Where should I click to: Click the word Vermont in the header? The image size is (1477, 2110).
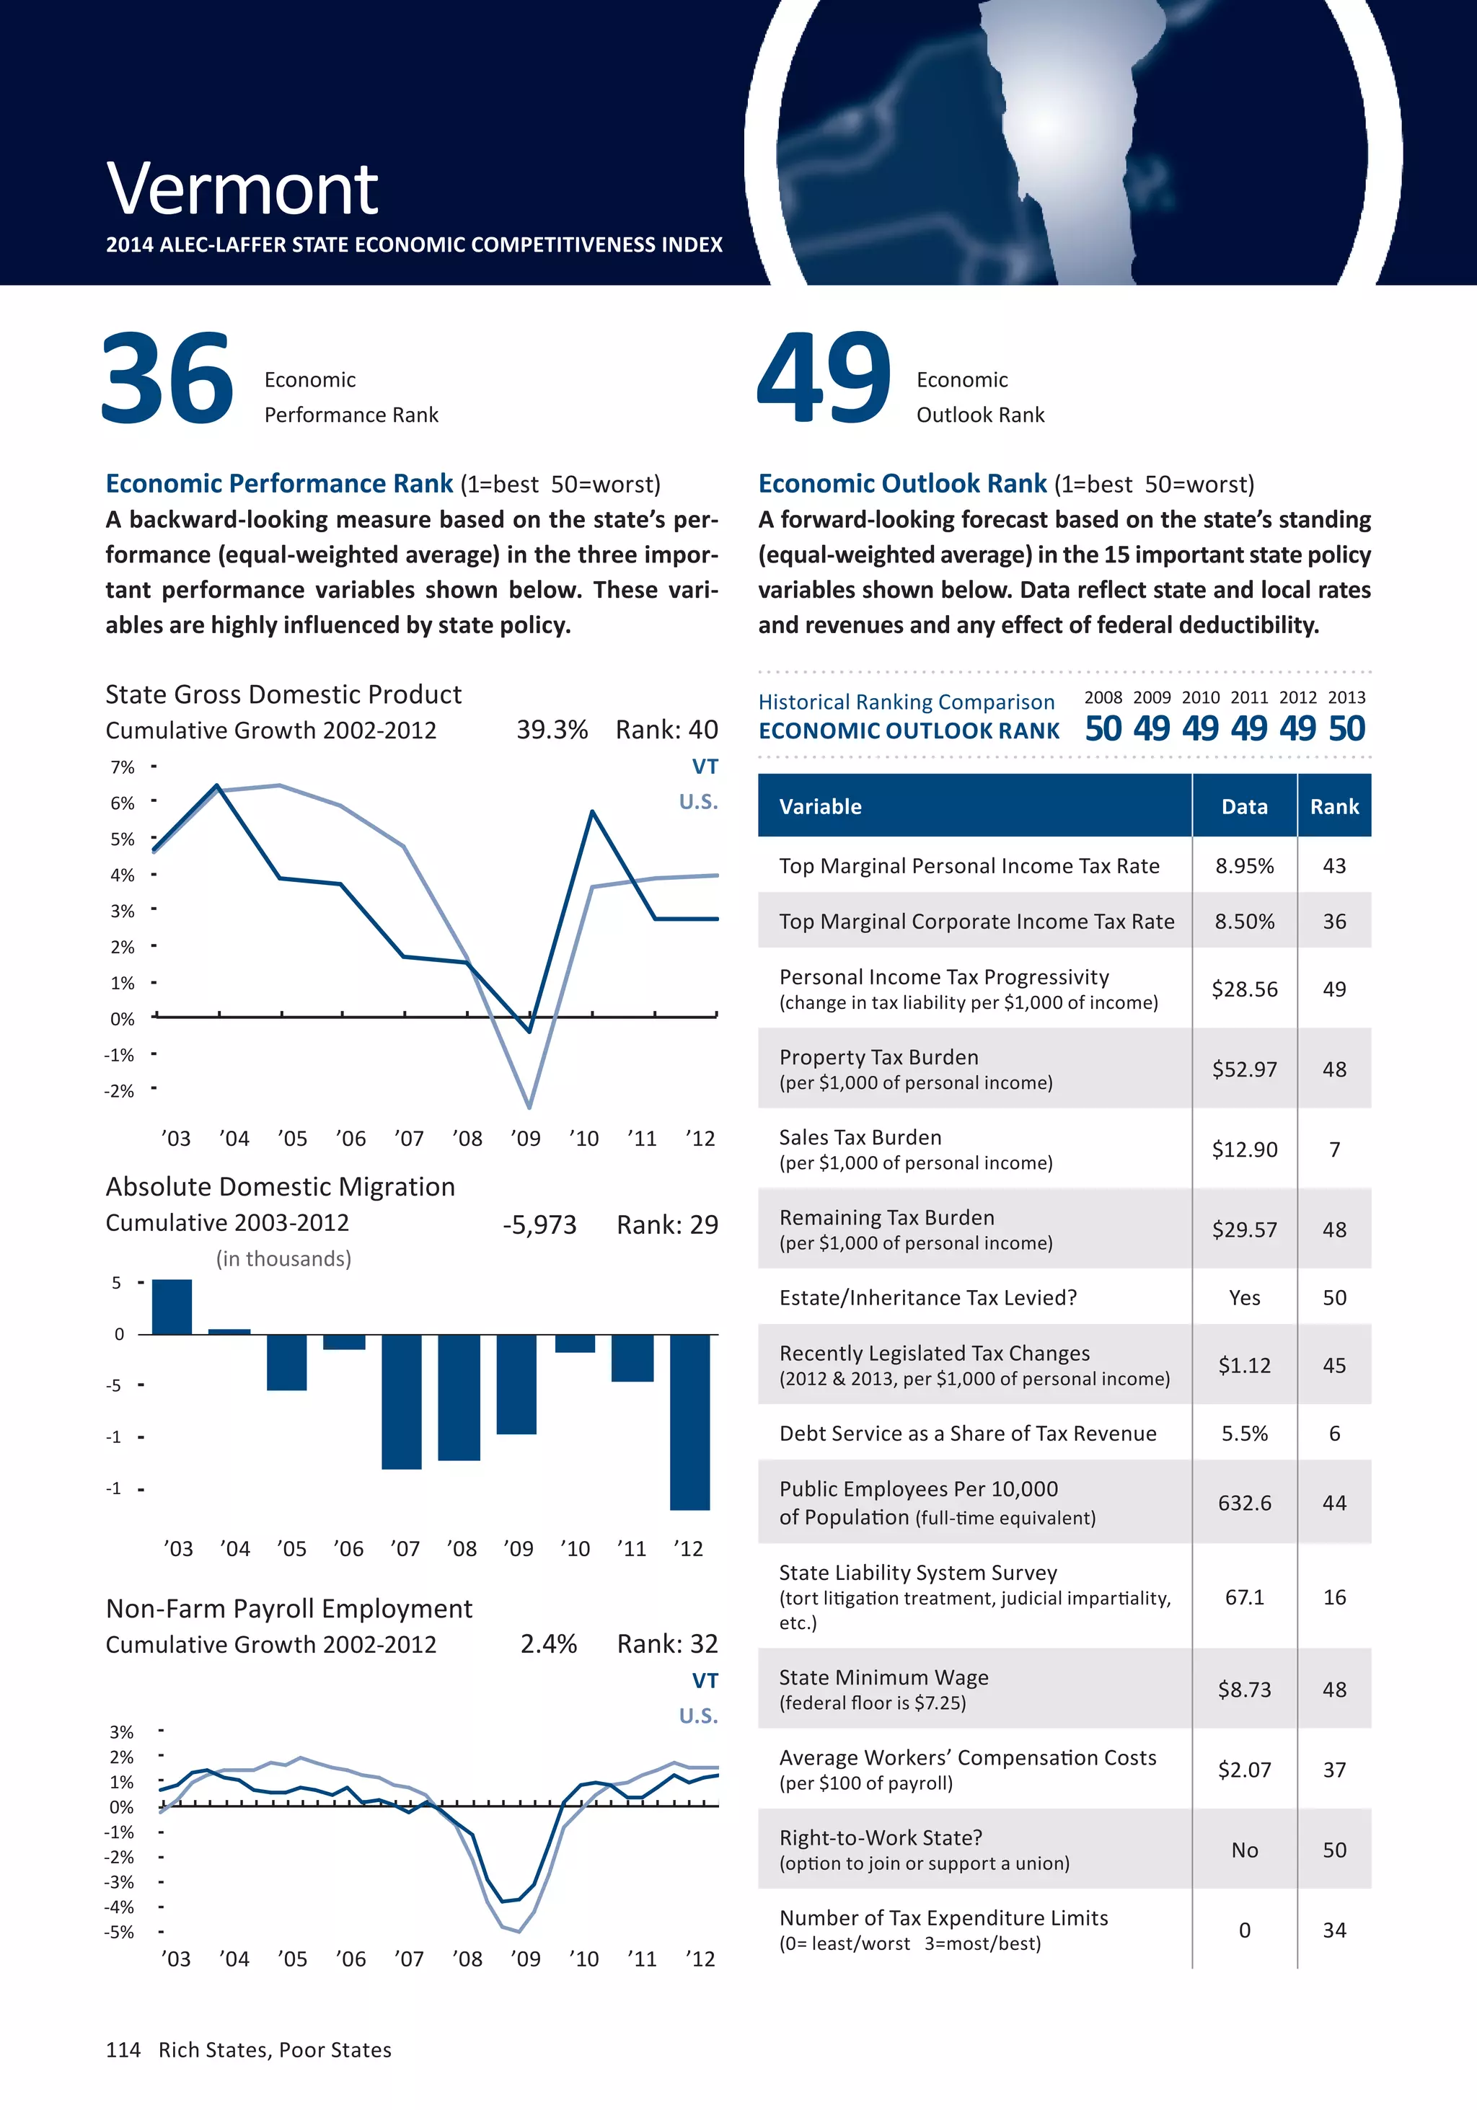[242, 190]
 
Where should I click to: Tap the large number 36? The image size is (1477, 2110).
[167, 379]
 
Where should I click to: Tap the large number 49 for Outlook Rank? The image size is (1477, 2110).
[824, 379]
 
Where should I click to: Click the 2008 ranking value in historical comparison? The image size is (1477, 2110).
[1103, 729]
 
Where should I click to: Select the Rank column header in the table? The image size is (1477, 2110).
[1333, 807]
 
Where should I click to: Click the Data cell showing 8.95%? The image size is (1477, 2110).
[1245, 865]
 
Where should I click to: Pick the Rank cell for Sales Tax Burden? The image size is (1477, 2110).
[1333, 1149]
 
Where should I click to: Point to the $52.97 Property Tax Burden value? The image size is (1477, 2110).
[1245, 1069]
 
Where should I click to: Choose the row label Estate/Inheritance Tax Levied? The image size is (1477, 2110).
[927, 1297]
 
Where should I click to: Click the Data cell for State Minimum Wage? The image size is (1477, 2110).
[1245, 1689]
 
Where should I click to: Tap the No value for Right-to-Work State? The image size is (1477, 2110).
[1245, 1850]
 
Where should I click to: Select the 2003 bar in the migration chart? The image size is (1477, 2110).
[172, 1306]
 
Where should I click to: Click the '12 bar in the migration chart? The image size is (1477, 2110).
[689, 1421]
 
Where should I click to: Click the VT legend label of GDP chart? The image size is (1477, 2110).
[704, 767]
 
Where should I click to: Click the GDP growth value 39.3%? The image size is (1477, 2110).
[552, 730]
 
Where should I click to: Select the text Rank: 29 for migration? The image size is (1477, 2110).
[666, 1225]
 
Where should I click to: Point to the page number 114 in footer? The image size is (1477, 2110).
[123, 2049]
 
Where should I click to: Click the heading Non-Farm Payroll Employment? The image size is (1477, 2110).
[288, 1608]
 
